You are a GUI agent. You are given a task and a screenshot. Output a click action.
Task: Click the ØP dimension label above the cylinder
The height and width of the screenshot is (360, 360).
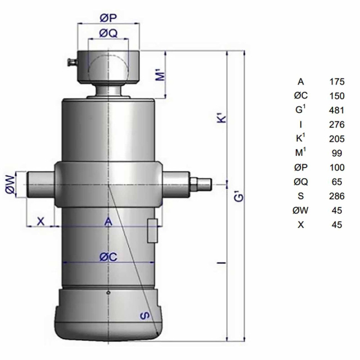[x=109, y=18]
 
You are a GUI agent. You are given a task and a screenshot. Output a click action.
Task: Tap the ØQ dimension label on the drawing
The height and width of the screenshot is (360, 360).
[x=109, y=33]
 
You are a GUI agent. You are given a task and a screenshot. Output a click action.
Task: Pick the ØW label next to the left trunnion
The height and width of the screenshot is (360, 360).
[x=10, y=184]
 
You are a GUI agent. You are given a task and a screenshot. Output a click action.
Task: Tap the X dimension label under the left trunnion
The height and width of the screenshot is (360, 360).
[x=40, y=221]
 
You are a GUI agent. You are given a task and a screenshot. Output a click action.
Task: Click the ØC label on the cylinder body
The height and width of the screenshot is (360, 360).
[x=109, y=256]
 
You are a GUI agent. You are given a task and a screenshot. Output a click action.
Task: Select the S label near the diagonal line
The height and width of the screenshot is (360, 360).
[x=145, y=316]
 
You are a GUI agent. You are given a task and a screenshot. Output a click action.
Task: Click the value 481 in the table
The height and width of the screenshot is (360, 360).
[x=337, y=110]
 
